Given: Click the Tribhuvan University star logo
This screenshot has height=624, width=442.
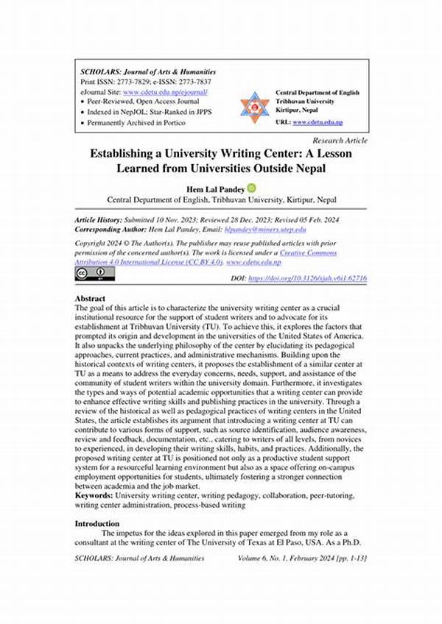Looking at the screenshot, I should click(255, 107).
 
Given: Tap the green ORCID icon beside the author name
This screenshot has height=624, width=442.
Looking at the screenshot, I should click(251, 188).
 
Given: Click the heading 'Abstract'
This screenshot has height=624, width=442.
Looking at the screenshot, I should click(92, 299).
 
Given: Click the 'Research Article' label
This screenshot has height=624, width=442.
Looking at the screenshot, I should click(340, 140).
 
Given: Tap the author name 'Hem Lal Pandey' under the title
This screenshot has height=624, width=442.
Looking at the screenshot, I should click(217, 188).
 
